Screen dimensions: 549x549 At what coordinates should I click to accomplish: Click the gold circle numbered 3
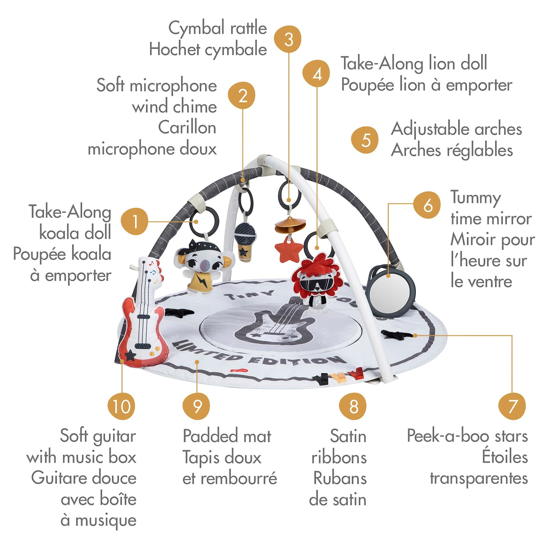pos(288,39)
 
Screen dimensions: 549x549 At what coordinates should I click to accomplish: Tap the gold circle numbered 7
pos(512,406)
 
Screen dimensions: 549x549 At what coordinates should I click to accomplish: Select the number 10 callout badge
pos(122,406)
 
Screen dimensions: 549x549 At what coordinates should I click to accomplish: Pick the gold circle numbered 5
pos(365,140)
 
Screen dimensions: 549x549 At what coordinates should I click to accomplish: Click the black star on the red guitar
pos(130,356)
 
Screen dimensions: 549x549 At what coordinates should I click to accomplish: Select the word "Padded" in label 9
pos(210,436)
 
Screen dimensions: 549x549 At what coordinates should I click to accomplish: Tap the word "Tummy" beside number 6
pos(476,198)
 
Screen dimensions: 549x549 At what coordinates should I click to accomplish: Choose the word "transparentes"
pos(479,478)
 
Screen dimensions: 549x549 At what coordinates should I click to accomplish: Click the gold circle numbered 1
pos(134,221)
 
